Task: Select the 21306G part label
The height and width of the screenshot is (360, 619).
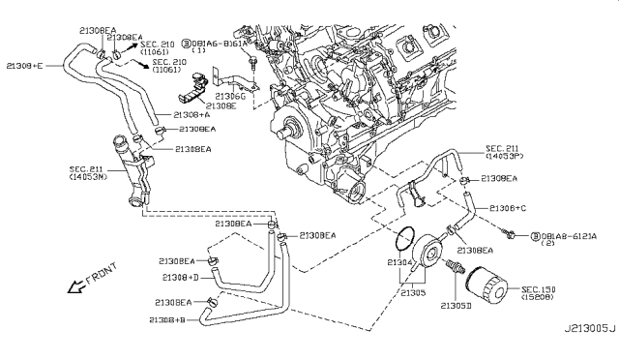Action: click(229, 97)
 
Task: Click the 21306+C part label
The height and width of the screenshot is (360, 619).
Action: click(507, 208)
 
